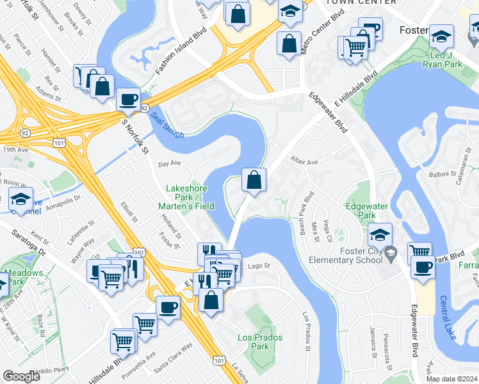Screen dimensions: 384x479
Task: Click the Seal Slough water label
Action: click(x=167, y=125)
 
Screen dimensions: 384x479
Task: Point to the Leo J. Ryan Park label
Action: click(x=442, y=60)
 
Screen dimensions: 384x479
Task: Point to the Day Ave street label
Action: click(x=170, y=164)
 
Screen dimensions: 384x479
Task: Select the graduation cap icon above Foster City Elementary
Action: click(x=380, y=234)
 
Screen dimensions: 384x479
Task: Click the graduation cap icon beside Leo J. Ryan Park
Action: click(x=441, y=36)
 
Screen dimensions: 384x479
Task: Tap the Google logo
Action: click(x=21, y=376)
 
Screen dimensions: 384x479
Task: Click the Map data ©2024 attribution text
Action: click(x=451, y=379)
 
